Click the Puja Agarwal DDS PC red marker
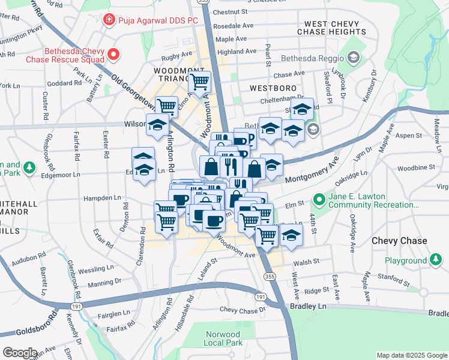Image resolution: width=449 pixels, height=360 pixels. (109, 20)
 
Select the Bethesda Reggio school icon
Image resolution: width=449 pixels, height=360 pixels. (354, 58)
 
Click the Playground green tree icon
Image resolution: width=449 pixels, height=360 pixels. (436, 260)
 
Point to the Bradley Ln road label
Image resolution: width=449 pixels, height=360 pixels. (313, 306)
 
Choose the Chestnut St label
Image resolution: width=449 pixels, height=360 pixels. (230, 11)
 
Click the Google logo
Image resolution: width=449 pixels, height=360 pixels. (20, 352)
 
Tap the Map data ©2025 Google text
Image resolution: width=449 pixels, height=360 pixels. (411, 355)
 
